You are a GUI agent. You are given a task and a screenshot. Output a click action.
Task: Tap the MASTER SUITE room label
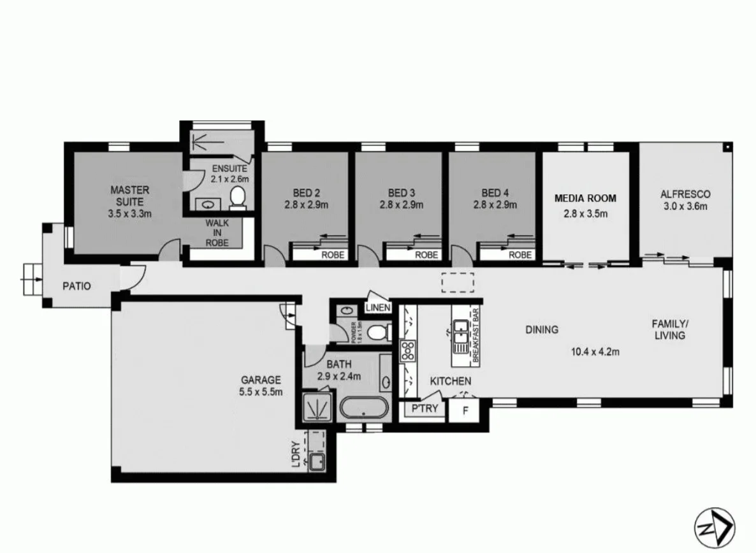click(130, 189)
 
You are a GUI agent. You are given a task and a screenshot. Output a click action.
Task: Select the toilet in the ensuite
click(238, 197)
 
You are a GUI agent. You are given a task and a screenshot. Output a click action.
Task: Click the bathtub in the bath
click(361, 408)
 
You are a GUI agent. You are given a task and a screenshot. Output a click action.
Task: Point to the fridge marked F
click(465, 410)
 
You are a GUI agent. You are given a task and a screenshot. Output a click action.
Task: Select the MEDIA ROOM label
click(585, 198)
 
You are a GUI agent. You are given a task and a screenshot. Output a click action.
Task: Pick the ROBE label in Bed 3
click(427, 255)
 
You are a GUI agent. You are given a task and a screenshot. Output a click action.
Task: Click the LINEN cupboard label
click(378, 308)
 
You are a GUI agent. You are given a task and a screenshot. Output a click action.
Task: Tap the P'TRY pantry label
click(425, 408)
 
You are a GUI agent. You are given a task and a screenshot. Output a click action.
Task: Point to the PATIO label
click(76, 286)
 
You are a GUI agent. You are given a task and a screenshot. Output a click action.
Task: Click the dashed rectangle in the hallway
click(458, 282)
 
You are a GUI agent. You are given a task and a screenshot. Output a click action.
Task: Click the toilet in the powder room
click(379, 331)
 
